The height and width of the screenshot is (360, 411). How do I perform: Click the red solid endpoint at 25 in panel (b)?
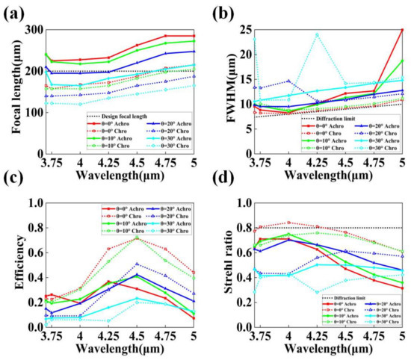pos(402,30)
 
